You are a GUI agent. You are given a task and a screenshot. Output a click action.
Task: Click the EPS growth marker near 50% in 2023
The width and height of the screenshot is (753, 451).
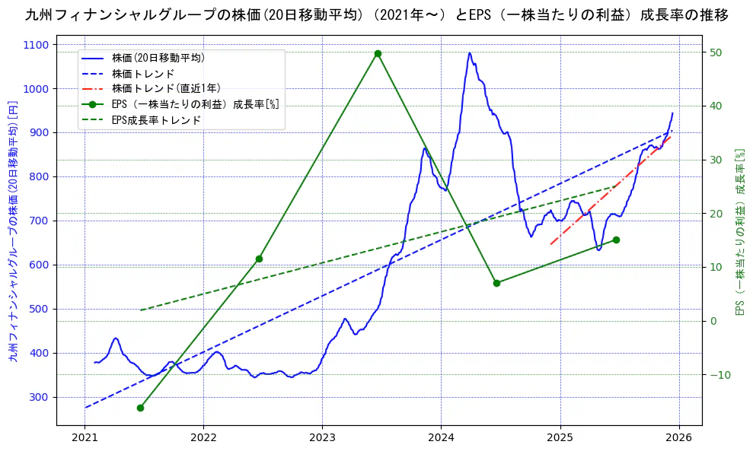click(378, 54)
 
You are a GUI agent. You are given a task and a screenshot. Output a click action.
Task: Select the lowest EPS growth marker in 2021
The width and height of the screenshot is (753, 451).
click(140, 408)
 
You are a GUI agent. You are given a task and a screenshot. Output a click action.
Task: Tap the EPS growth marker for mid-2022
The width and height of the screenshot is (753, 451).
click(259, 259)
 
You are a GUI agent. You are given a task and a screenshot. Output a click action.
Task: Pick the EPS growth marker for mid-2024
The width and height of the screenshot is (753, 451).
click(496, 283)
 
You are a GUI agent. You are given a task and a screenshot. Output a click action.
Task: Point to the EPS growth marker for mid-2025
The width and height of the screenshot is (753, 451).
click(616, 240)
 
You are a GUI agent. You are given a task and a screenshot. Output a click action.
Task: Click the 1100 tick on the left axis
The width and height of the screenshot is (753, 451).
click(38, 45)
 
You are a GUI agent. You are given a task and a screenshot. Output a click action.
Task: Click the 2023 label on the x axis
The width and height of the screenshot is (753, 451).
click(322, 438)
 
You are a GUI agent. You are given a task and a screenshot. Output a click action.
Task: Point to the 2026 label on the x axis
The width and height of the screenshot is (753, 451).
click(678, 438)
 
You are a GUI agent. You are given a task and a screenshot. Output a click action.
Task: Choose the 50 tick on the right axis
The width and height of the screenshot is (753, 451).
click(716, 52)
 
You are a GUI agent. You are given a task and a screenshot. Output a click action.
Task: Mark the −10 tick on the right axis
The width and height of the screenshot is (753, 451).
click(719, 375)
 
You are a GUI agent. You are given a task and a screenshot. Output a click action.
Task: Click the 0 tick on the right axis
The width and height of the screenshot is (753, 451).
click(713, 321)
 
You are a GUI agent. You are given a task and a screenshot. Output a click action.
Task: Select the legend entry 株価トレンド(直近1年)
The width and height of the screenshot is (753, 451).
click(166, 88)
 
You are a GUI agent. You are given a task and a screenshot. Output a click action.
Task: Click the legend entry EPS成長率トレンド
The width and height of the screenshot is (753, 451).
click(156, 120)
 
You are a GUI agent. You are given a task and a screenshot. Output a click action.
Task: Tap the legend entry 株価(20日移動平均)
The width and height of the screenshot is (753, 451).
click(158, 57)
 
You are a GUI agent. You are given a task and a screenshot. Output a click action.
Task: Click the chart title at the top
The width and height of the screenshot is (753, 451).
click(376, 15)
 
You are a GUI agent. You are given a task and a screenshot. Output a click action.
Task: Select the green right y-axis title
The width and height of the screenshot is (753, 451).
click(739, 231)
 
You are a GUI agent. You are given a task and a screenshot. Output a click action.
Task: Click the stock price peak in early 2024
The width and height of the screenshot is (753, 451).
click(469, 53)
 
